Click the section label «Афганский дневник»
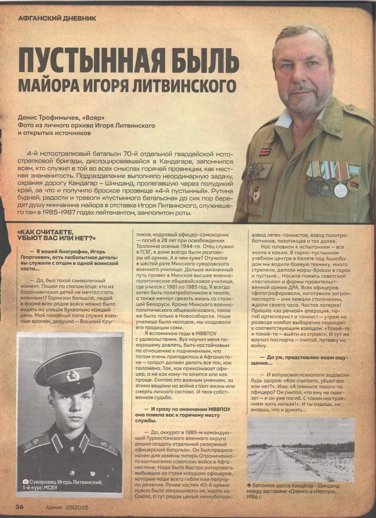[57, 18]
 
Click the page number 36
[19, 507]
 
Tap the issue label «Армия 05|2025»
[67, 507]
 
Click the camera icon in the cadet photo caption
[25, 482]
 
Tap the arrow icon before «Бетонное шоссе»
[250, 485]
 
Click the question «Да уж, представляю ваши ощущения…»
[299, 360]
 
